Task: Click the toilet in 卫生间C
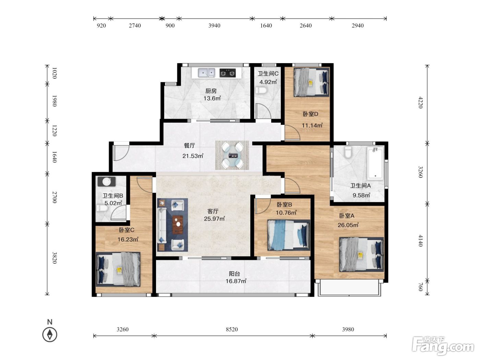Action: [261, 90]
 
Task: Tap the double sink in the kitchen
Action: [206, 73]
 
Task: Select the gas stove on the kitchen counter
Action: [228, 73]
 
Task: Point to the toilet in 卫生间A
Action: [348, 152]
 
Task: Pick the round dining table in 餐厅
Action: [232, 155]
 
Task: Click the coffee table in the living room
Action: [178, 225]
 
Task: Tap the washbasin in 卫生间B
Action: [107, 181]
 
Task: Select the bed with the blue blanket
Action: [289, 235]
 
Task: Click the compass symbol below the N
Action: [50, 334]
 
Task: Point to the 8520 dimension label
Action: [231, 329]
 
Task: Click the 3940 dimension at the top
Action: [214, 26]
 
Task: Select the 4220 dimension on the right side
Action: [421, 102]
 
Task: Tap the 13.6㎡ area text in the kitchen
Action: [212, 98]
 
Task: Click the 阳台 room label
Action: [235, 274]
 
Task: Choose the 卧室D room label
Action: [310, 114]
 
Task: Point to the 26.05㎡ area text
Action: [348, 225]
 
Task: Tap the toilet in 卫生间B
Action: [102, 208]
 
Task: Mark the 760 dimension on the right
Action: [421, 287]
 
